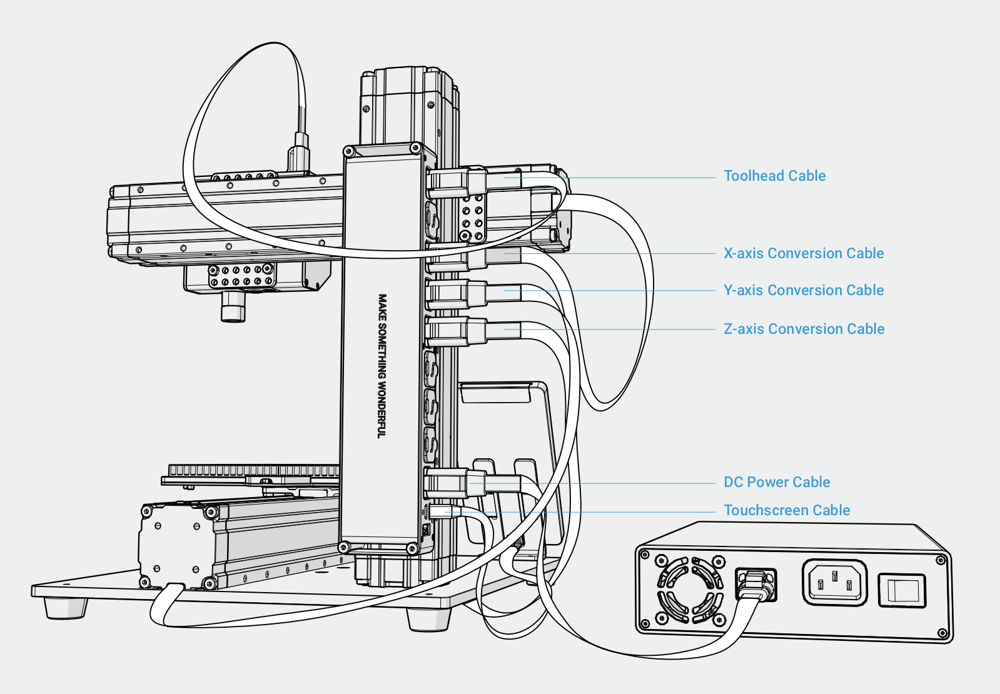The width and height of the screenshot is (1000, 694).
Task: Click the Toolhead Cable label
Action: click(774, 176)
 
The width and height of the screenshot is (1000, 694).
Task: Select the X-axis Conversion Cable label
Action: click(804, 253)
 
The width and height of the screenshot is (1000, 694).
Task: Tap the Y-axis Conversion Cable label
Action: click(804, 290)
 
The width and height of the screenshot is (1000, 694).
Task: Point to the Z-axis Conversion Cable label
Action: click(804, 329)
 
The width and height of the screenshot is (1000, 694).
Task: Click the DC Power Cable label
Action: click(777, 482)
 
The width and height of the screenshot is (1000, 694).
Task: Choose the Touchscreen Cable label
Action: click(787, 510)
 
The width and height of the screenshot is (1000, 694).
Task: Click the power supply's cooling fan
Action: click(690, 590)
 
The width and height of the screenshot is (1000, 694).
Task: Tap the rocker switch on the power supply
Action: click(902, 591)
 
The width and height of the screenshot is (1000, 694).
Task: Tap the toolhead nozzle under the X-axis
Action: click(233, 307)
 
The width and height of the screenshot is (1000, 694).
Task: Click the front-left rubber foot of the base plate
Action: click(66, 607)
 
